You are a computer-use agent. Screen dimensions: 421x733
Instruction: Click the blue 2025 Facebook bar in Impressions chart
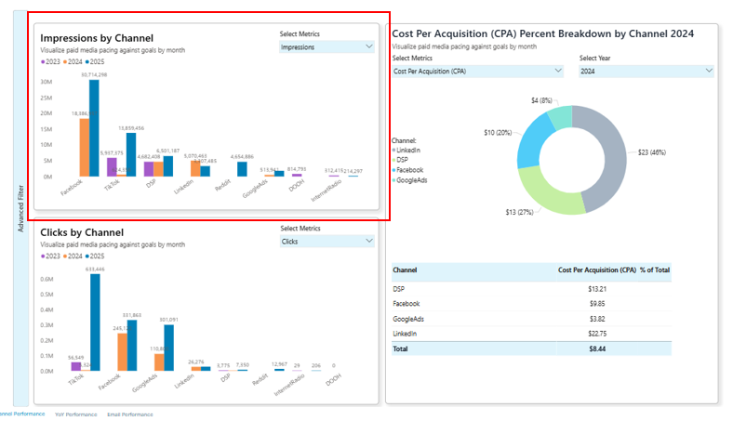[x=94, y=127]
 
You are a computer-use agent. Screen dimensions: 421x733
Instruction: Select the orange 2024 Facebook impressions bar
[x=84, y=147]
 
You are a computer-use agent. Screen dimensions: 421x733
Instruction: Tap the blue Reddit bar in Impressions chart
[x=242, y=168]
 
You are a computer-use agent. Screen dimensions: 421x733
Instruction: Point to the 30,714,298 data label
[x=94, y=74]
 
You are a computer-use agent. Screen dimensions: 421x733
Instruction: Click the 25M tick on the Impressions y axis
[x=46, y=97]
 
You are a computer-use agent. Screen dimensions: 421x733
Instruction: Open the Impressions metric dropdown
[x=327, y=46]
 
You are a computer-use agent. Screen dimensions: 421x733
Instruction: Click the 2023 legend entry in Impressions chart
[x=51, y=61]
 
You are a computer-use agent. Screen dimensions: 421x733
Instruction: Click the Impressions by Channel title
[x=97, y=38]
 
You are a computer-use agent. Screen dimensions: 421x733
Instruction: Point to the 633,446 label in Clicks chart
[x=95, y=270]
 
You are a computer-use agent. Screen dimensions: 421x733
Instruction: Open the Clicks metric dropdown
[x=327, y=241]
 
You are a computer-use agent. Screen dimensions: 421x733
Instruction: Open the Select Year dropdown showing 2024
[x=646, y=71]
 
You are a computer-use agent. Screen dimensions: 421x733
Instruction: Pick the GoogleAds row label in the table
[x=409, y=319]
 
